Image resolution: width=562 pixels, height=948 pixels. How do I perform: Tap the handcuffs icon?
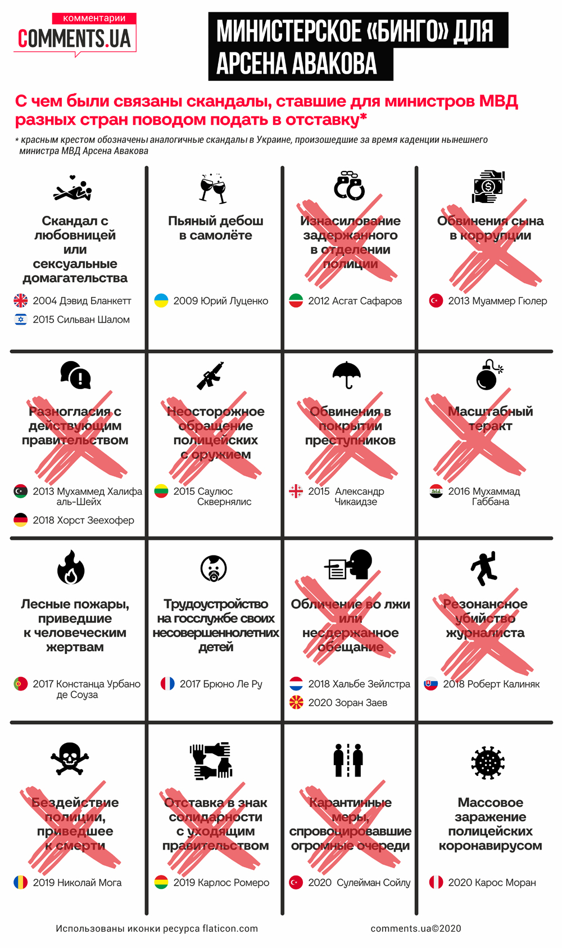[350, 186]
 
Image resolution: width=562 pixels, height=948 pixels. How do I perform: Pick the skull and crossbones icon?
[70, 759]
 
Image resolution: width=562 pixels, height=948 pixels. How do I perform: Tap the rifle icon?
[210, 376]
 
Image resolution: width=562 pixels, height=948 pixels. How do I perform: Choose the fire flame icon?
[71, 567]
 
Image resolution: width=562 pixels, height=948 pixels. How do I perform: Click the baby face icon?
[214, 568]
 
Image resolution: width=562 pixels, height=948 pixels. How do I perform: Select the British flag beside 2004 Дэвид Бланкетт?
[21, 301]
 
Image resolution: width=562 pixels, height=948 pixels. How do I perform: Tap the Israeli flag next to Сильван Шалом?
[21, 319]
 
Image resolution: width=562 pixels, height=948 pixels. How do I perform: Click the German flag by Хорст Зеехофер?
[21, 520]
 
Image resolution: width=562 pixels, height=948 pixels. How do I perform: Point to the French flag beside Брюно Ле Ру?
[167, 684]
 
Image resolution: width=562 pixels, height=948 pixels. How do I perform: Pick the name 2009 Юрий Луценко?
[220, 301]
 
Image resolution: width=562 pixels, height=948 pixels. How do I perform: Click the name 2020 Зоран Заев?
[347, 702]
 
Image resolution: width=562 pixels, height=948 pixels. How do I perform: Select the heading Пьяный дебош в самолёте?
[215, 228]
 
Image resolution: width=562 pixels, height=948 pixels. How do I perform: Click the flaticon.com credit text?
[156, 928]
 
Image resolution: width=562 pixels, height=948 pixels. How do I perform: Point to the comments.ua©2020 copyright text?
[415, 928]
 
